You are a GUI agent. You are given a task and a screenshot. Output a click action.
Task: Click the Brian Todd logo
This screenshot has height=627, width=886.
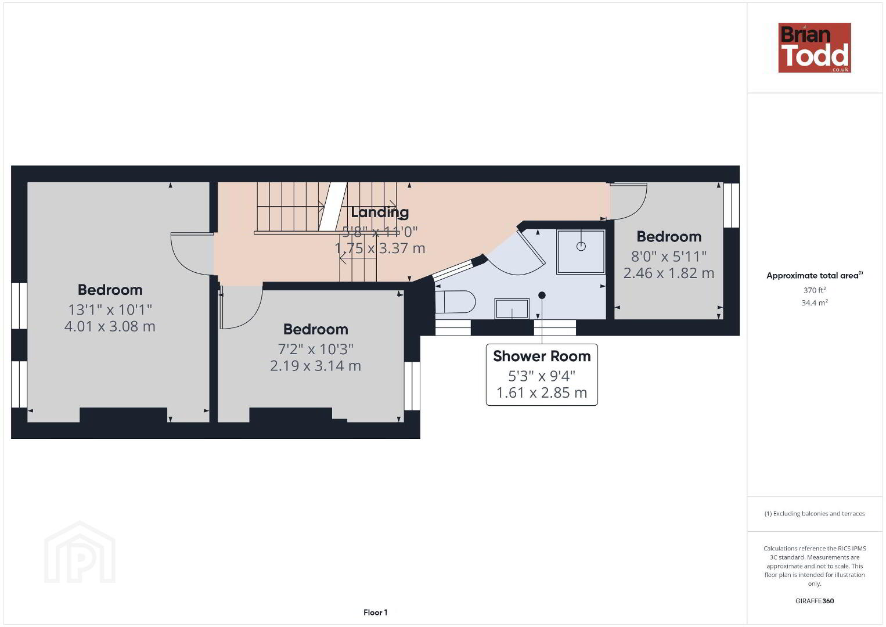coord(815,48)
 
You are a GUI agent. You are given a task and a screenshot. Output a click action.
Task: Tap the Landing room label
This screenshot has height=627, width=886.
coord(380,212)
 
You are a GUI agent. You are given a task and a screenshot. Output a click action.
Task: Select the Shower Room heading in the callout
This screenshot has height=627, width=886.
coord(542,356)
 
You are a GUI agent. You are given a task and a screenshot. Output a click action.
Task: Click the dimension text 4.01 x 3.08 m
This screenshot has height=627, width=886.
coord(110,326)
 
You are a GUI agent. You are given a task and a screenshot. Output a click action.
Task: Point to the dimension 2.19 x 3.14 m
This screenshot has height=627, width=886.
coord(315,366)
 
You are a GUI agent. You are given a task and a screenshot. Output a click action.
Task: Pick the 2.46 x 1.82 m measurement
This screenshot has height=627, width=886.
coord(669,273)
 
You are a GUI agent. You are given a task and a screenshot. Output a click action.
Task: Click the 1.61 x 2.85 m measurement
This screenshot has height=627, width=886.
coord(542,392)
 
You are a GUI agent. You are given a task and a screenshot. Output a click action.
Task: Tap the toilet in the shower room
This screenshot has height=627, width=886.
coord(455,302)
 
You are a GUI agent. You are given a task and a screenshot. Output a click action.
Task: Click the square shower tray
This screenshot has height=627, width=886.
coord(581,251)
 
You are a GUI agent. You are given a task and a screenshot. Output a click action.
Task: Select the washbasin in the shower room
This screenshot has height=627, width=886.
coord(512,308)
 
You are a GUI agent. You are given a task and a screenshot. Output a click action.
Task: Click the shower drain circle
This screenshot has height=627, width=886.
coord(581,246)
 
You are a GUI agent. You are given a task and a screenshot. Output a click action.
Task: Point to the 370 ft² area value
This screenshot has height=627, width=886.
coord(815,290)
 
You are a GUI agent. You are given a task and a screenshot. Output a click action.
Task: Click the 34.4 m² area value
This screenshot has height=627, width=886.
coord(815,302)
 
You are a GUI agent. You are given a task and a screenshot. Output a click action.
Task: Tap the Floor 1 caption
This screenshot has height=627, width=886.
coord(376,612)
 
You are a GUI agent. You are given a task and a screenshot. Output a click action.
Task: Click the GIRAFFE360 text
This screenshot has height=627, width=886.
coord(815,601)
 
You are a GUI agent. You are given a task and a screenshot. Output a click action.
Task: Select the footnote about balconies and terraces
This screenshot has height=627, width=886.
coord(815,513)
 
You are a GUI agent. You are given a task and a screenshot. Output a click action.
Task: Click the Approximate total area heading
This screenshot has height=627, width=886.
coord(815,275)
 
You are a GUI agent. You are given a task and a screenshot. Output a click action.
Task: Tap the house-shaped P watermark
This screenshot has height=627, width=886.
coord(80,552)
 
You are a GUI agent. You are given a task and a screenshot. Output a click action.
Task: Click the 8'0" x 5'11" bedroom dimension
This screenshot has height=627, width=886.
coord(669,257)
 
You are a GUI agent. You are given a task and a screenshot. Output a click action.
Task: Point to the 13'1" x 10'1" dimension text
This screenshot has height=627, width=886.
coord(110,309)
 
